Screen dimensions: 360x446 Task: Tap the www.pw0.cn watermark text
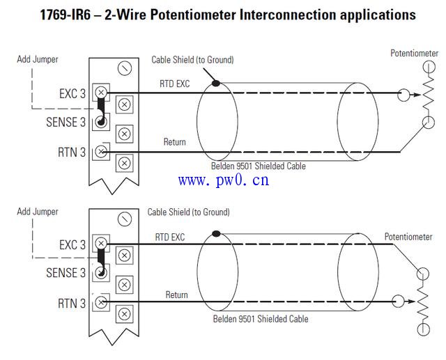tap(223, 181)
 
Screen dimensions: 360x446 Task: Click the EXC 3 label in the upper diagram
tap(72, 93)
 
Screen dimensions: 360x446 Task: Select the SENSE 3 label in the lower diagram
tap(66, 272)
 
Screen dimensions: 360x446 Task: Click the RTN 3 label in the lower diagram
tap(72, 303)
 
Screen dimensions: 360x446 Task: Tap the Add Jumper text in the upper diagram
tap(38, 60)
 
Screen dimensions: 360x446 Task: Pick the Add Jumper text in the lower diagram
tap(38, 212)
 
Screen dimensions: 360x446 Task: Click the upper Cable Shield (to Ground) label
tap(192, 60)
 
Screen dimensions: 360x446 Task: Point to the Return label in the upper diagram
tap(174, 142)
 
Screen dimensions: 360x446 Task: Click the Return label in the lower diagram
tap(176, 295)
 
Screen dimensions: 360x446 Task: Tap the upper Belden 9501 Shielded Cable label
tap(258, 166)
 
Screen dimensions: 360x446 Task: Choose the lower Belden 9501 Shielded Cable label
tap(261, 319)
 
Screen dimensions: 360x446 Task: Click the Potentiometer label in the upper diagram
tap(414, 53)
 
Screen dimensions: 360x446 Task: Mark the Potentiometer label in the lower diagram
tap(408, 237)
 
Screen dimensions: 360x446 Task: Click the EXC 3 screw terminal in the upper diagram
tap(102, 92)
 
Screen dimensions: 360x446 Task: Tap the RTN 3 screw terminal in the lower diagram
tap(102, 302)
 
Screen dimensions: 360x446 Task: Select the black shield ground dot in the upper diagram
tap(216, 84)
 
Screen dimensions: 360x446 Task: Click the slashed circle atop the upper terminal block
tap(125, 68)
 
